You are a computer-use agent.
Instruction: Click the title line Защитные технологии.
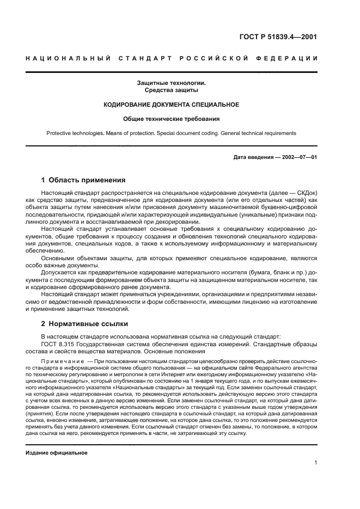pos(171,83)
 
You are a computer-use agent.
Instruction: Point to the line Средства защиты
pos(171,90)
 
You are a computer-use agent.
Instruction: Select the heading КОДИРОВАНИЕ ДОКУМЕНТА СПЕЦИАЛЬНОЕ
pos(171,104)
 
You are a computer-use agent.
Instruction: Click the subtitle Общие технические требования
pos(171,118)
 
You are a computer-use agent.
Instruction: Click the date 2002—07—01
pos(298,157)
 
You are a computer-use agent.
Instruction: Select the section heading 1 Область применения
pos(84,180)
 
